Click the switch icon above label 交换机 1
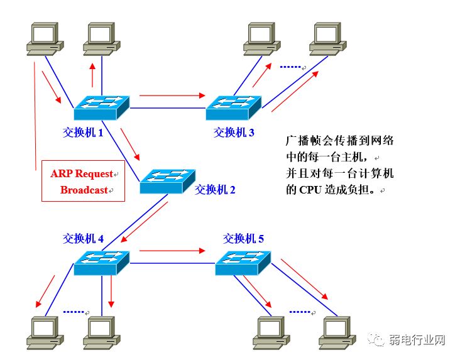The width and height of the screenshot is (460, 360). pos(101,107)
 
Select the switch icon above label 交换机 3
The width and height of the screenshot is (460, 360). pos(233,107)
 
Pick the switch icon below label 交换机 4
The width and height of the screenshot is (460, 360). pos(101,262)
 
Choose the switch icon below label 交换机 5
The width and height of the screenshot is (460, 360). pos(243,262)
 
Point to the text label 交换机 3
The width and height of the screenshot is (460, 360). pos(234,133)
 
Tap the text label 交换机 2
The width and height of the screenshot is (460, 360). pos(215,190)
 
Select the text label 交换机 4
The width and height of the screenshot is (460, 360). pos(84,238)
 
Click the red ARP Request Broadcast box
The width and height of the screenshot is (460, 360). pos(83,182)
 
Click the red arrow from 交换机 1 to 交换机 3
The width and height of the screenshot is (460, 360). pos(172,96)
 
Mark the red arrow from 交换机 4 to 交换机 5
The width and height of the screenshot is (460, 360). pos(172,251)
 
